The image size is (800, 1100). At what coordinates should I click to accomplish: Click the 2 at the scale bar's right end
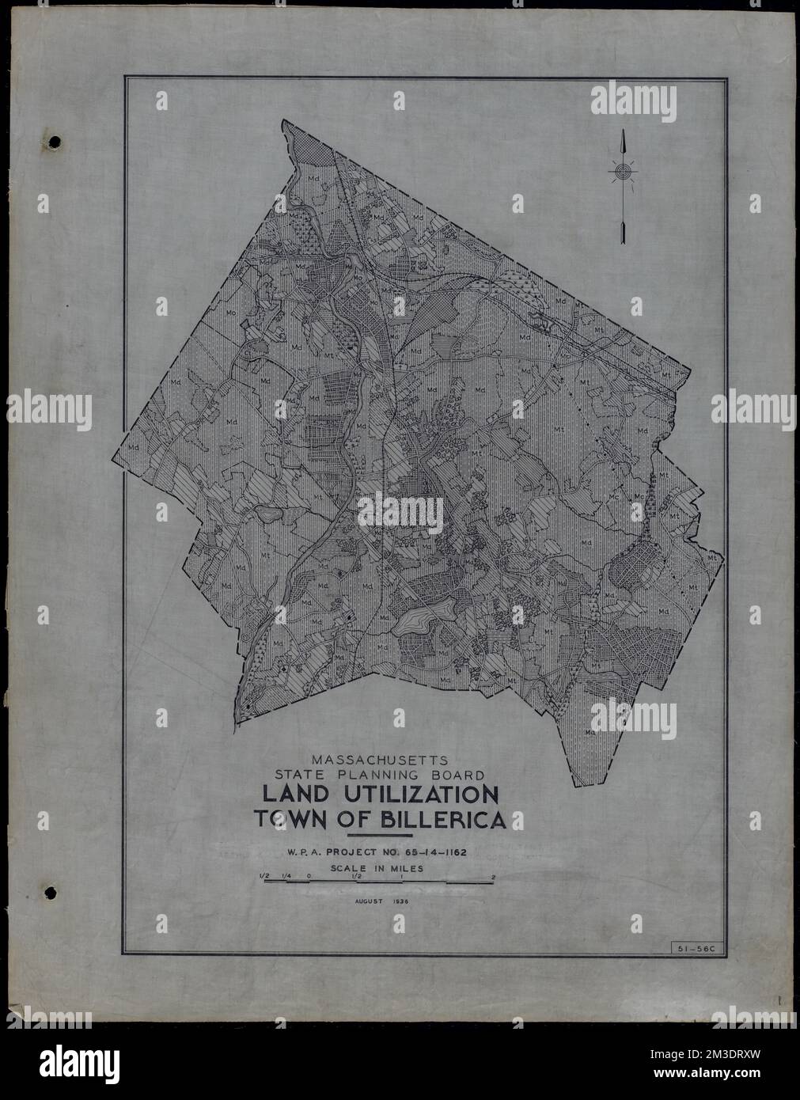pyautogui.click(x=493, y=877)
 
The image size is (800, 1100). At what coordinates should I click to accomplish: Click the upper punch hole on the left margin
pyautogui.click(x=54, y=142)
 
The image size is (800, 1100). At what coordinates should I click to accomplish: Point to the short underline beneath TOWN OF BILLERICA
pyautogui.click(x=380, y=836)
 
